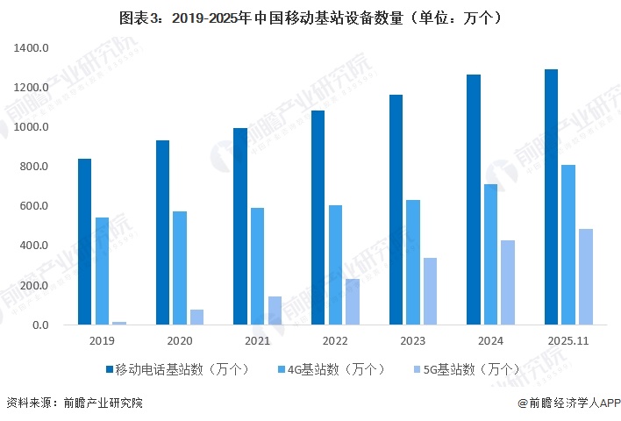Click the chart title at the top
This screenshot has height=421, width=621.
pyautogui.click(x=310, y=17)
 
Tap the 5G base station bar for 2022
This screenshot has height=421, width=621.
pyautogui.click(x=353, y=302)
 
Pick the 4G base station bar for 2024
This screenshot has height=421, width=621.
pyautogui.click(x=490, y=254)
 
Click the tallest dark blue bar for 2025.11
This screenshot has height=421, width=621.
pyautogui.click(x=551, y=197)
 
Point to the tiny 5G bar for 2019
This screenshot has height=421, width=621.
pyautogui.click(x=119, y=323)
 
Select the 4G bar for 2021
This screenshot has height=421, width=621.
pyautogui.click(x=257, y=266)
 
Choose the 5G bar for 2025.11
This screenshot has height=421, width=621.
pyautogui.click(x=585, y=276)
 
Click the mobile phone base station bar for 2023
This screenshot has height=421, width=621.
pyautogui.click(x=396, y=210)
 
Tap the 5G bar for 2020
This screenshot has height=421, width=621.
pyautogui.click(x=196, y=317)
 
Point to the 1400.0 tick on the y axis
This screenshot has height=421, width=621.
pyautogui.click(x=32, y=48)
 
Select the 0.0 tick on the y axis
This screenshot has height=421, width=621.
pyautogui.click(x=40, y=325)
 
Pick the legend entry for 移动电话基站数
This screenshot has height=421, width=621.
pyautogui.click(x=176, y=369)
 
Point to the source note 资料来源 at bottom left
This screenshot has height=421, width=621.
pyautogui.click(x=74, y=403)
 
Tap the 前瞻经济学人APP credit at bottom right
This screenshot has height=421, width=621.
pyautogui.click(x=567, y=403)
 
